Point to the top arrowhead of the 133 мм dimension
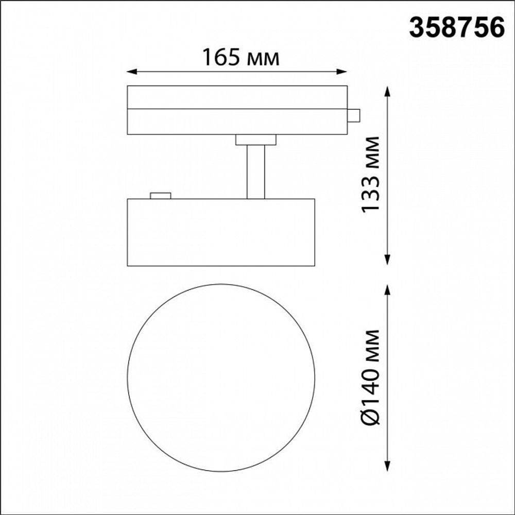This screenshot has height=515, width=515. (x=387, y=90)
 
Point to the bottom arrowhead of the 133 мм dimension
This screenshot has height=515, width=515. (x=387, y=261)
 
